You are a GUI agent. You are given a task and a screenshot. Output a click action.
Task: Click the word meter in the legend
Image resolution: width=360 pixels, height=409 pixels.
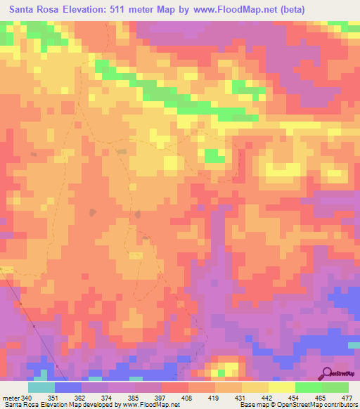tap(11, 398)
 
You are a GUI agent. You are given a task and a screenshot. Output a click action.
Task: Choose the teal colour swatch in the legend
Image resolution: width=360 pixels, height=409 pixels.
tap(41, 387)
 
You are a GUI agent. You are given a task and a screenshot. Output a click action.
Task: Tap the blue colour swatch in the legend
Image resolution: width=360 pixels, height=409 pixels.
tap(68, 387)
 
